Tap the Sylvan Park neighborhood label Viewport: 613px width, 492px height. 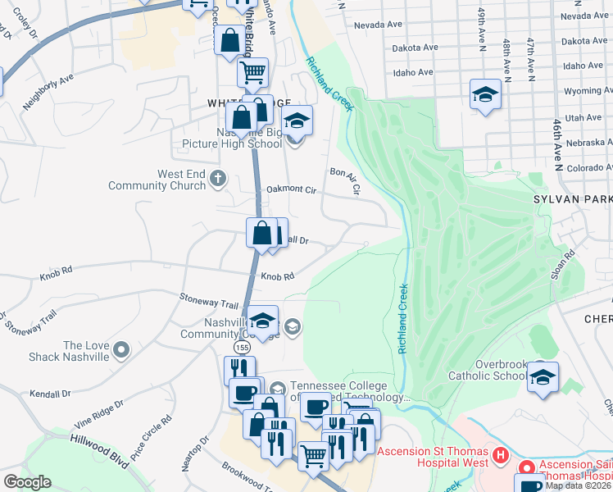pos(578,199)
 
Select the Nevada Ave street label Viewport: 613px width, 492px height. pos(378,25)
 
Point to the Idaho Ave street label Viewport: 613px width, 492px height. pos(413,72)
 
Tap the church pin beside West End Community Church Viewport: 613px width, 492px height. pos(217,177)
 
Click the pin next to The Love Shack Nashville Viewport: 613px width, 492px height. pos(122,351)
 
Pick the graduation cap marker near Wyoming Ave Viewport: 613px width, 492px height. pos(485,95)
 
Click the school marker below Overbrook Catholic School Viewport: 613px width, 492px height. pos(542,377)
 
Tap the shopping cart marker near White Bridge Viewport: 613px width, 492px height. pos(253,72)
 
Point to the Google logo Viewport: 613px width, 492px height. pos(27,482)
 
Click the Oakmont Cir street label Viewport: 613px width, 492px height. pos(292,189)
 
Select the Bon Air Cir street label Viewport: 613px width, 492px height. pos(346,180)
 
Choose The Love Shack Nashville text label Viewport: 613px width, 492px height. pos(86,351)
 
